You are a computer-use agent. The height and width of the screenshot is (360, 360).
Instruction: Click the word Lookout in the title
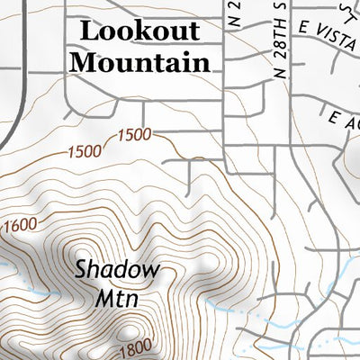pyautogui.click(x=139, y=31)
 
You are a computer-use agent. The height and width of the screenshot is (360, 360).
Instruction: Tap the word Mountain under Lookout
pyautogui.click(x=140, y=63)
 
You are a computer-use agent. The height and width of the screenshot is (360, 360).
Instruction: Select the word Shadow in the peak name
pyautogui.click(x=117, y=268)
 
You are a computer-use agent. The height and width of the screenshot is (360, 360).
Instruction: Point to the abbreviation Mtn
pyautogui.click(x=117, y=298)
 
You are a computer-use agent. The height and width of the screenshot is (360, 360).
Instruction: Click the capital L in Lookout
pyautogui.click(x=87, y=31)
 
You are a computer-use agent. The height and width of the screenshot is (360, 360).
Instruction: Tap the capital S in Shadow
pyautogui.click(x=81, y=268)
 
